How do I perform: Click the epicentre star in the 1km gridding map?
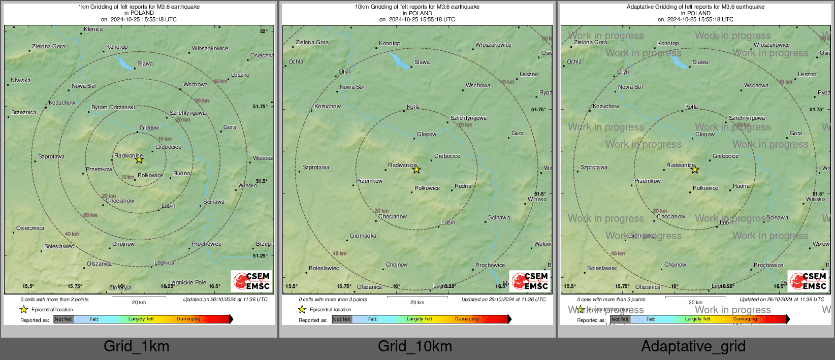pos(139,160)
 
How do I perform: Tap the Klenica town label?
pos(93,29)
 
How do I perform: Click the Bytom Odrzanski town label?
pos(113,108)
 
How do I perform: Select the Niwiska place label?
pos(21,81)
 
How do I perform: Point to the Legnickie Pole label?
pos(188,283)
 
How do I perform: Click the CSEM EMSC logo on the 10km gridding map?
pos(530,281)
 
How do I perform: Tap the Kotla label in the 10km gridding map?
pos(413,107)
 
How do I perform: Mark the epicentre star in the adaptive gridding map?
pos(695,170)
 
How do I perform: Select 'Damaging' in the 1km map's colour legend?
pos(188,319)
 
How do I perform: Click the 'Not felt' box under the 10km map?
pos(342,319)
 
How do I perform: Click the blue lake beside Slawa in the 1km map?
pos(123,63)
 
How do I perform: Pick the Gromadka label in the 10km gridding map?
pos(363,236)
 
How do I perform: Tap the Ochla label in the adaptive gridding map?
pos(574,62)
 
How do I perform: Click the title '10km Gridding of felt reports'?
pos(417,7)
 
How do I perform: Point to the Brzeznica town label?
pos(24,113)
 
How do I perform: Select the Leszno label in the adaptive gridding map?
pos(807,75)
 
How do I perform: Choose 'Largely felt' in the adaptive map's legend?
pos(698,319)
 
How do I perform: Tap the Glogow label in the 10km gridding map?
pos(427,135)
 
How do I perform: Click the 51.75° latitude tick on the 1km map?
pos(260,107)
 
